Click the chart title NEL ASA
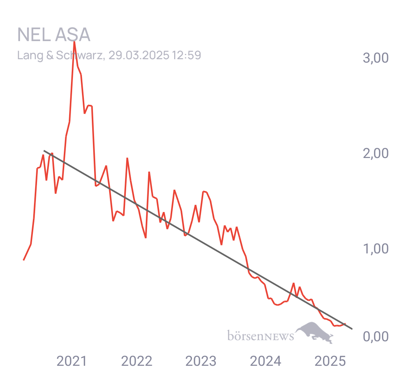point(54,35)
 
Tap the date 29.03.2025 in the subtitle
point(139,55)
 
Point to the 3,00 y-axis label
point(376,58)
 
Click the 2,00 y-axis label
point(376,153)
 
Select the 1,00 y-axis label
point(376,249)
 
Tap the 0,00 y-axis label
point(376,336)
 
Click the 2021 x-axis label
point(71,361)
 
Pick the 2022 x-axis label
point(137,361)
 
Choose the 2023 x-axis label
point(201,361)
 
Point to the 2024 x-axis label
point(266,361)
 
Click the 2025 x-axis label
point(330,361)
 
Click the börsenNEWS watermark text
point(261,335)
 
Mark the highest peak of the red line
point(74,41)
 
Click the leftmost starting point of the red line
point(24,260)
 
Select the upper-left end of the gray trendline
point(44,150)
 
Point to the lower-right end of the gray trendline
point(352,329)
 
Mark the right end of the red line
point(345,324)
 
